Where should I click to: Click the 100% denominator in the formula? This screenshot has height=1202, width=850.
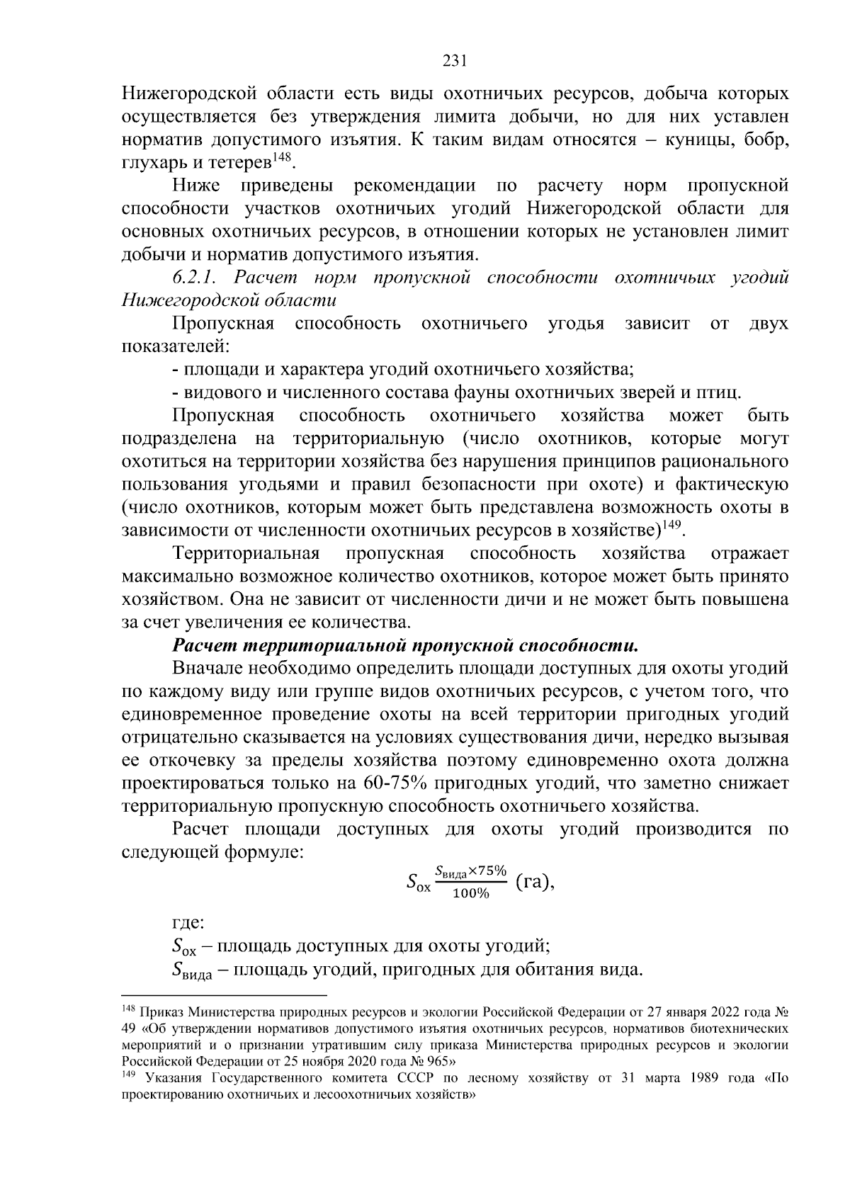click(x=471, y=893)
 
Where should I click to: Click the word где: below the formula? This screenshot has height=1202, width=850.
click(x=188, y=923)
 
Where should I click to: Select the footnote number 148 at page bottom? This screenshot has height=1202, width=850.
click(x=128, y=1009)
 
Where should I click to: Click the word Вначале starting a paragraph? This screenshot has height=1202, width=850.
click(x=210, y=669)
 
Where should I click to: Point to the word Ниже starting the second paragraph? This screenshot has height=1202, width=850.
click(x=196, y=186)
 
